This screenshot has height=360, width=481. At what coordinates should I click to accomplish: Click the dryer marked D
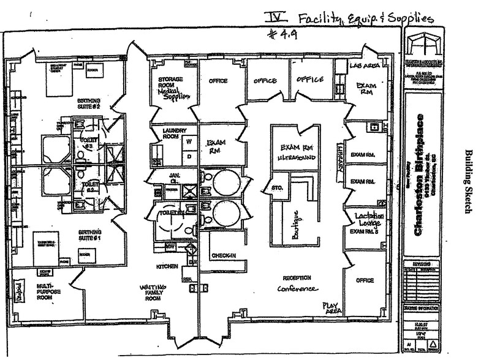click(x=189, y=156)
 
